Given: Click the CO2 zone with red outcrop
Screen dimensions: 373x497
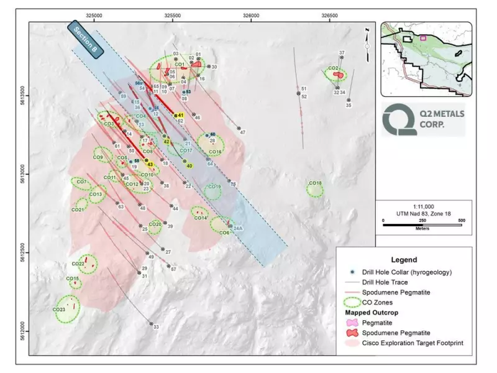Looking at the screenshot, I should click(x=335, y=74).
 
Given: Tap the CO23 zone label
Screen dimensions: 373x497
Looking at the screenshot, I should click(x=60, y=310).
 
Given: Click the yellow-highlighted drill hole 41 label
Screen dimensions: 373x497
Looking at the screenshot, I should click(x=181, y=115).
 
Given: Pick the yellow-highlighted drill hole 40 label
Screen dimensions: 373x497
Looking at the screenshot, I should click(x=189, y=165).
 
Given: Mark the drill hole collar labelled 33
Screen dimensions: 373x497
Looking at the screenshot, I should click(x=151, y=323).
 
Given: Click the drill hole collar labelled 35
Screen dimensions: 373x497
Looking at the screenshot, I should click(x=349, y=100).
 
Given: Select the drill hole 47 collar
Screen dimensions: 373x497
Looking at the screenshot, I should click(x=239, y=129).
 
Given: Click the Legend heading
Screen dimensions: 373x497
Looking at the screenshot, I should click(x=404, y=260).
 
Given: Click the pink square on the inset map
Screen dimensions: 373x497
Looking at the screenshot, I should click(x=424, y=38).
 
